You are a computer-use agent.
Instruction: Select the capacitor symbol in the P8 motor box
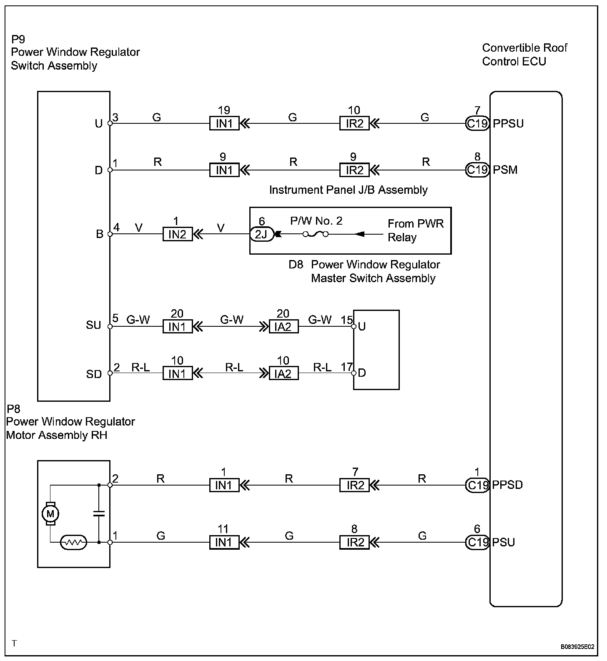(x=99, y=513)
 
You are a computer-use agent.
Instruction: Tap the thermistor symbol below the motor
(x=73, y=542)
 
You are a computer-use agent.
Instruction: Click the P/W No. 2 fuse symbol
(x=316, y=234)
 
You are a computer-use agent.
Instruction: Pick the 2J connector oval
(x=261, y=234)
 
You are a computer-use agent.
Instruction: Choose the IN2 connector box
(x=177, y=234)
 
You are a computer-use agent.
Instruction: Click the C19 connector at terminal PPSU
(x=477, y=123)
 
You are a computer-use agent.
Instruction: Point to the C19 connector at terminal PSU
(x=477, y=542)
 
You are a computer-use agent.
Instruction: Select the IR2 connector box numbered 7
(x=354, y=485)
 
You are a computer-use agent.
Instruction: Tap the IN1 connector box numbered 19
(x=224, y=123)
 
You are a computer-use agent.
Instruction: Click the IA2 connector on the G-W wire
(x=283, y=326)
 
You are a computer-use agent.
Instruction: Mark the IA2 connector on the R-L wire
(x=283, y=373)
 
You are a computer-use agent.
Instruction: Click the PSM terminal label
(x=505, y=170)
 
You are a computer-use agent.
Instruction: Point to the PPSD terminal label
(x=507, y=485)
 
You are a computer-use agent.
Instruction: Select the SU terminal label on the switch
(x=93, y=325)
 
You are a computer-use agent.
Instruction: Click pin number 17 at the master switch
(x=346, y=367)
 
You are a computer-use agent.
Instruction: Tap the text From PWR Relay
(x=415, y=230)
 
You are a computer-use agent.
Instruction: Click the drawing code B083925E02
(x=577, y=647)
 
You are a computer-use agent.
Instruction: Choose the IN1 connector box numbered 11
(x=224, y=542)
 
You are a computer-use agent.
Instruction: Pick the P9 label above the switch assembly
(x=18, y=39)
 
